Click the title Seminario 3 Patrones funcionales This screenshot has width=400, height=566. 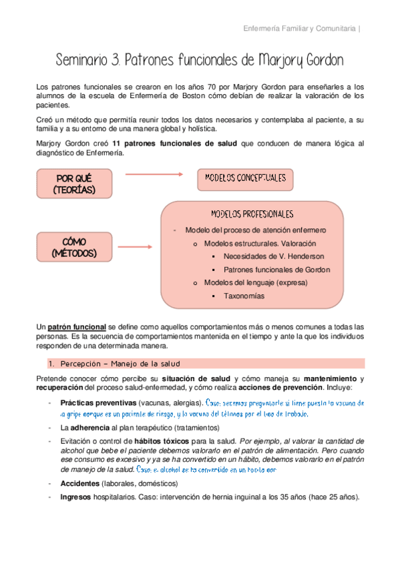pos(200,60)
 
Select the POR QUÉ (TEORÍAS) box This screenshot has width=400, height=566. pos(74,184)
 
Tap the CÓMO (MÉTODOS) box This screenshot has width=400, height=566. pos(74,246)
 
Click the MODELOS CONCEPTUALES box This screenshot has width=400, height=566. pos(245,178)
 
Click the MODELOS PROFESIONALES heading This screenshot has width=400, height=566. pos(252,214)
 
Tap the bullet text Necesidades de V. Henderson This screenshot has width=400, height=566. pos(274,256)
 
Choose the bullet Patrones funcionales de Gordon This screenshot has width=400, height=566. pos(276,270)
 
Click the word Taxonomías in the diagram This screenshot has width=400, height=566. pos(244,296)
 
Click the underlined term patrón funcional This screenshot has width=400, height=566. pos(76,327)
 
